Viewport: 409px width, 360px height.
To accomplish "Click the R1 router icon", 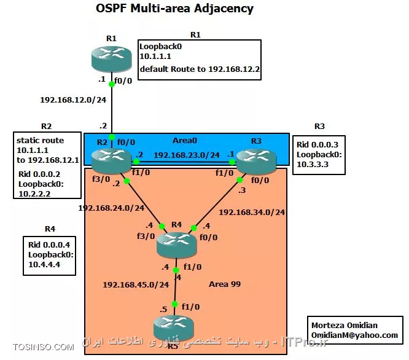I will (x=111, y=59).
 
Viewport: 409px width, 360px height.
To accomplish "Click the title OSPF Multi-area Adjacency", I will (x=166, y=9).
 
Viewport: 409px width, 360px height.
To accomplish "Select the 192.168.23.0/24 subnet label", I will (x=186, y=155).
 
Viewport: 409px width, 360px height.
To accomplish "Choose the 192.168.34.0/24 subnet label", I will (x=252, y=213).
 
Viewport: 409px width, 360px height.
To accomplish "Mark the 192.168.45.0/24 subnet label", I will (x=136, y=285).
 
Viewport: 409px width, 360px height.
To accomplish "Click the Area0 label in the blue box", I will (x=184, y=141).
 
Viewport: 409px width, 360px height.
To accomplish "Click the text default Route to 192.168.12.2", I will (x=200, y=69).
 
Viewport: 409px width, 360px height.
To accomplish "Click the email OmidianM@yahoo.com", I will (x=354, y=335).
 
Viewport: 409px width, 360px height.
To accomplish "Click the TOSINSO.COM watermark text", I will (x=38, y=348).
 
